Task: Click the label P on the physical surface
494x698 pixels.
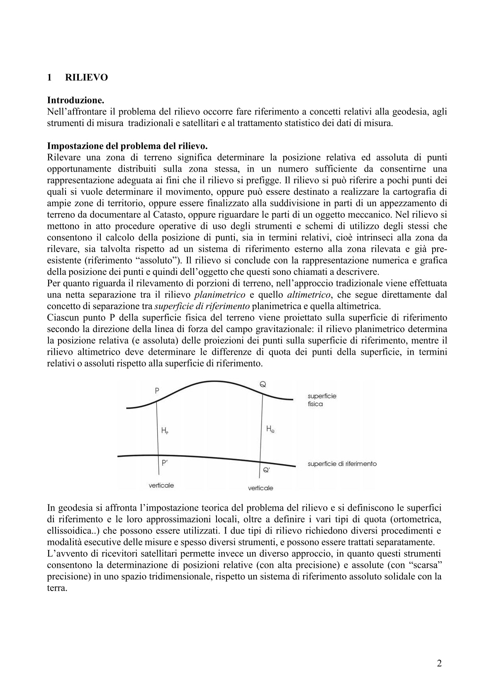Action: point(157,390)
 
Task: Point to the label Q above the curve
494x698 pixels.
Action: point(263,385)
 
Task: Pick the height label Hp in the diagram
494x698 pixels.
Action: point(164,431)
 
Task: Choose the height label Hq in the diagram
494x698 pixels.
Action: point(270,429)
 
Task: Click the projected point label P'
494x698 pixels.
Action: point(165,463)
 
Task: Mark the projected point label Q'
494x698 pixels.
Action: point(266,470)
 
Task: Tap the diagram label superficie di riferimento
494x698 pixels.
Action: point(342,464)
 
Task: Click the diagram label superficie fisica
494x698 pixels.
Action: point(322,400)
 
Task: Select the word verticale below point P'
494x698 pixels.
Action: point(161,485)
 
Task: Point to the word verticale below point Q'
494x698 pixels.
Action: point(260,488)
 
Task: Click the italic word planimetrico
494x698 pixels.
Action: point(220,295)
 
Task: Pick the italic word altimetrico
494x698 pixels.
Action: point(309,295)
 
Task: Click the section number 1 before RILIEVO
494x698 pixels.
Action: point(49,78)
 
